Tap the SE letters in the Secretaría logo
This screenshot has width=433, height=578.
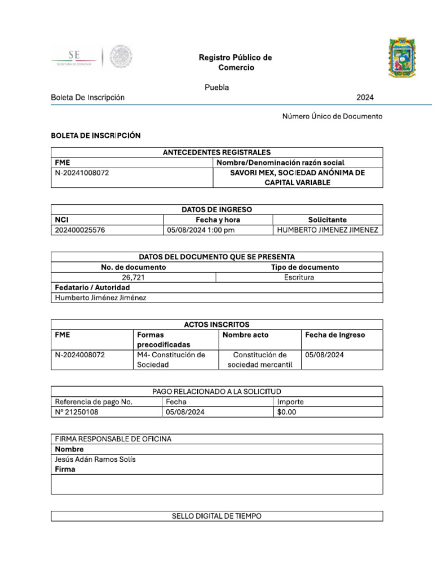[x=74, y=55]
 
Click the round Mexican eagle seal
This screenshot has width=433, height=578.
[x=121, y=57]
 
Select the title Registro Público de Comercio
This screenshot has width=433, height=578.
[x=235, y=63]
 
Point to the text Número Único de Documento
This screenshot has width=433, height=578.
[x=332, y=116]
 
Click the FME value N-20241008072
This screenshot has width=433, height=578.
[x=82, y=173]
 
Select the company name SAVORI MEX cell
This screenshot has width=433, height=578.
[x=298, y=178]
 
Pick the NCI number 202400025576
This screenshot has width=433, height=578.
[x=79, y=230]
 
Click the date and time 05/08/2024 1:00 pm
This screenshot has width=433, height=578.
[x=201, y=230]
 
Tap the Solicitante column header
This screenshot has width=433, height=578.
[x=327, y=220]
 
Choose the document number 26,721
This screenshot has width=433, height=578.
[x=133, y=277]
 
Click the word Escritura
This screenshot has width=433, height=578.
[x=299, y=277]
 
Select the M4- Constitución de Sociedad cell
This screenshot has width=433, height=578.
[x=171, y=360]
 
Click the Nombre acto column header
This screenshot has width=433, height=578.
[x=245, y=335]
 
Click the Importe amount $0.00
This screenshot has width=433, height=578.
[x=286, y=412]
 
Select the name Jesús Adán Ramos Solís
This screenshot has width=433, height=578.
[x=95, y=459]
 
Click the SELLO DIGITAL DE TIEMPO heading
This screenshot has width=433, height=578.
[x=216, y=516]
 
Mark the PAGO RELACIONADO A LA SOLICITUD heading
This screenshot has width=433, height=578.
[x=216, y=391]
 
